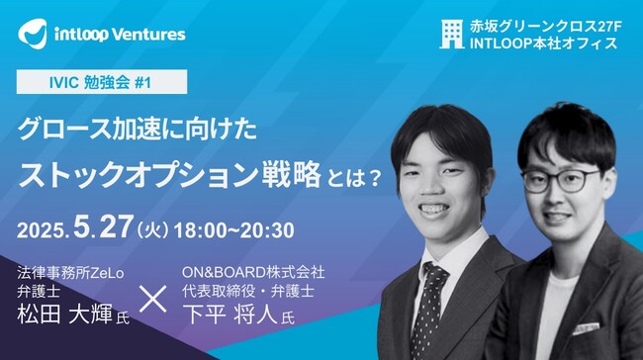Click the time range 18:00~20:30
(x=233, y=231)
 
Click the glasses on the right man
(x=561, y=181)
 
